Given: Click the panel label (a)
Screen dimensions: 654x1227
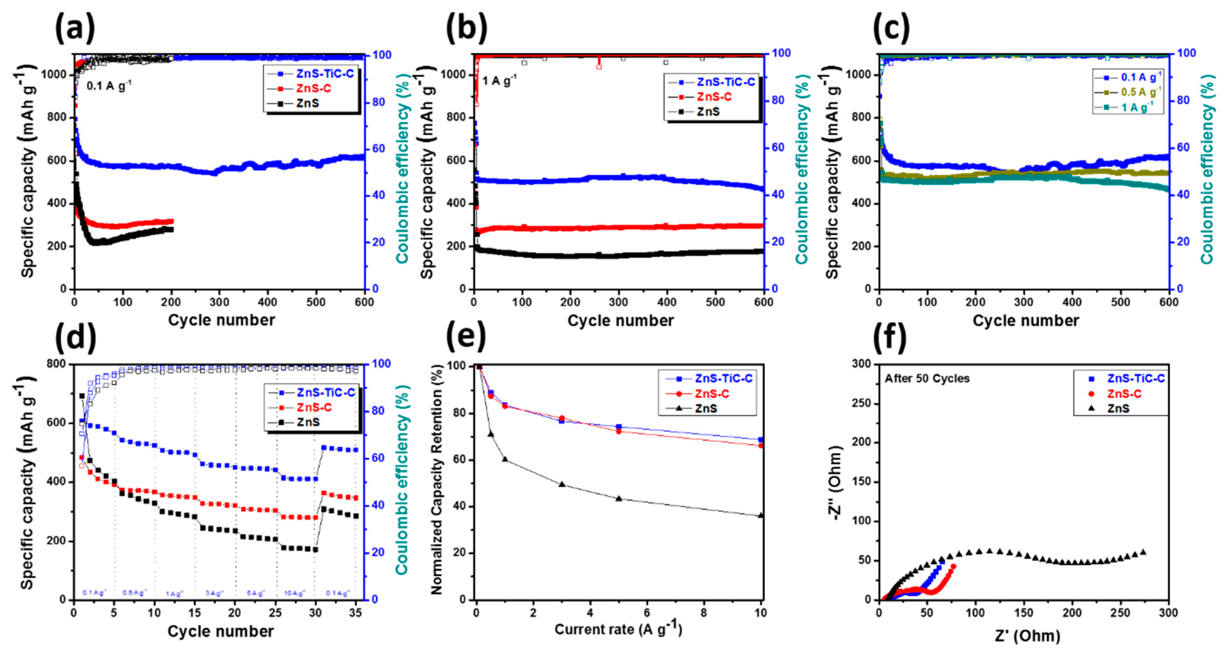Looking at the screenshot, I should click(75, 28).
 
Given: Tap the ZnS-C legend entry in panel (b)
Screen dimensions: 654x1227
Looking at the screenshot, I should click(714, 97).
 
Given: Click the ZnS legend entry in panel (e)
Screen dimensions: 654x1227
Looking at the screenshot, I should click(706, 408).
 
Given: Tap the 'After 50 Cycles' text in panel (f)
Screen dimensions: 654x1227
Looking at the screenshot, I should click(927, 378).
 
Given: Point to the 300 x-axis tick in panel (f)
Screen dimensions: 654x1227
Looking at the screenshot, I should click(1168, 613).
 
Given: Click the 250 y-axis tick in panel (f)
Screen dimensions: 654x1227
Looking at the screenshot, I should click(861, 403).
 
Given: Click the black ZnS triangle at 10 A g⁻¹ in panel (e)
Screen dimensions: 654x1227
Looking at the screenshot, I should click(761, 515).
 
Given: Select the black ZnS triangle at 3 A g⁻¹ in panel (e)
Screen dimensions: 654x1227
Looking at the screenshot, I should click(562, 484).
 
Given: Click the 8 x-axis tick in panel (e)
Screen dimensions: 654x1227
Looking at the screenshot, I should click(704, 613).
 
